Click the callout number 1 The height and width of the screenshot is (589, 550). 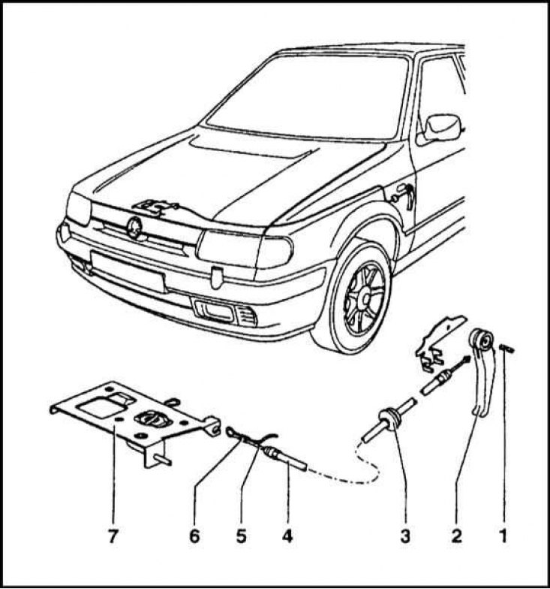(x=503, y=536)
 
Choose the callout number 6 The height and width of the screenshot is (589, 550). (x=194, y=536)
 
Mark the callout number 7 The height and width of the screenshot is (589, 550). (x=113, y=536)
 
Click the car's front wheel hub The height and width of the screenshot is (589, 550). (x=365, y=296)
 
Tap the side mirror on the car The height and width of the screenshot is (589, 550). (x=442, y=128)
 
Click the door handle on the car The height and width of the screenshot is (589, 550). (x=406, y=195)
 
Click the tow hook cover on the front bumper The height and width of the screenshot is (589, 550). (x=216, y=278)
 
